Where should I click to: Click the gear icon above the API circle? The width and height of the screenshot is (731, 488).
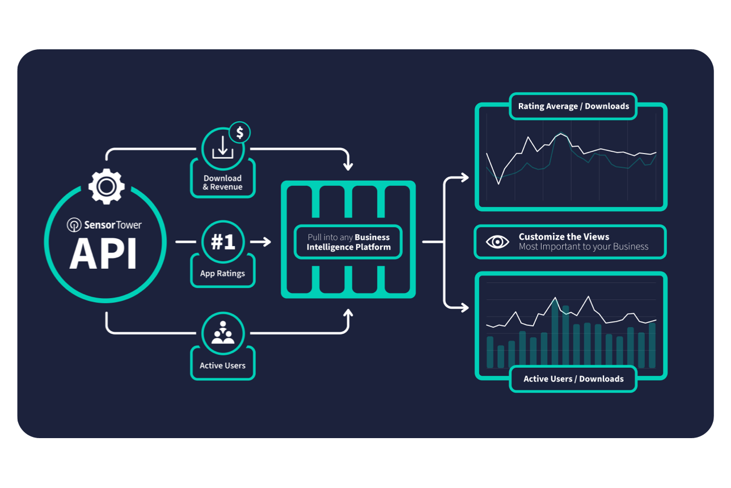tap(106, 185)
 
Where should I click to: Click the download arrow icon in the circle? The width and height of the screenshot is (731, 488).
tap(222, 147)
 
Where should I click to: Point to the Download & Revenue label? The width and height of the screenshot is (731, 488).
tap(223, 183)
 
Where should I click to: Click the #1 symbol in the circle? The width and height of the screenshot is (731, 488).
tap(223, 242)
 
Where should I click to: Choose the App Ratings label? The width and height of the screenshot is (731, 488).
tap(222, 273)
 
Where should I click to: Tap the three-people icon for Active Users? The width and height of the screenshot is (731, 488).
tap(223, 333)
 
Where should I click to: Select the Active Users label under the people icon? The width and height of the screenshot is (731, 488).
tap(222, 366)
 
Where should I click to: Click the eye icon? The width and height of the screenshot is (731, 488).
tap(497, 242)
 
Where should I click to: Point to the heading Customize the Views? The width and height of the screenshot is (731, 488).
tap(564, 237)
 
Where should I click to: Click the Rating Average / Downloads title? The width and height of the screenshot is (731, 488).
tap(573, 106)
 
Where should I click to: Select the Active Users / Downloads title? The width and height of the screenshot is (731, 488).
tap(573, 379)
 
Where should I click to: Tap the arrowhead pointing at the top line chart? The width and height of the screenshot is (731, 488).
tap(464, 177)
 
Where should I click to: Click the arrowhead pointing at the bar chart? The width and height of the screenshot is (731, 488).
tap(464, 308)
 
